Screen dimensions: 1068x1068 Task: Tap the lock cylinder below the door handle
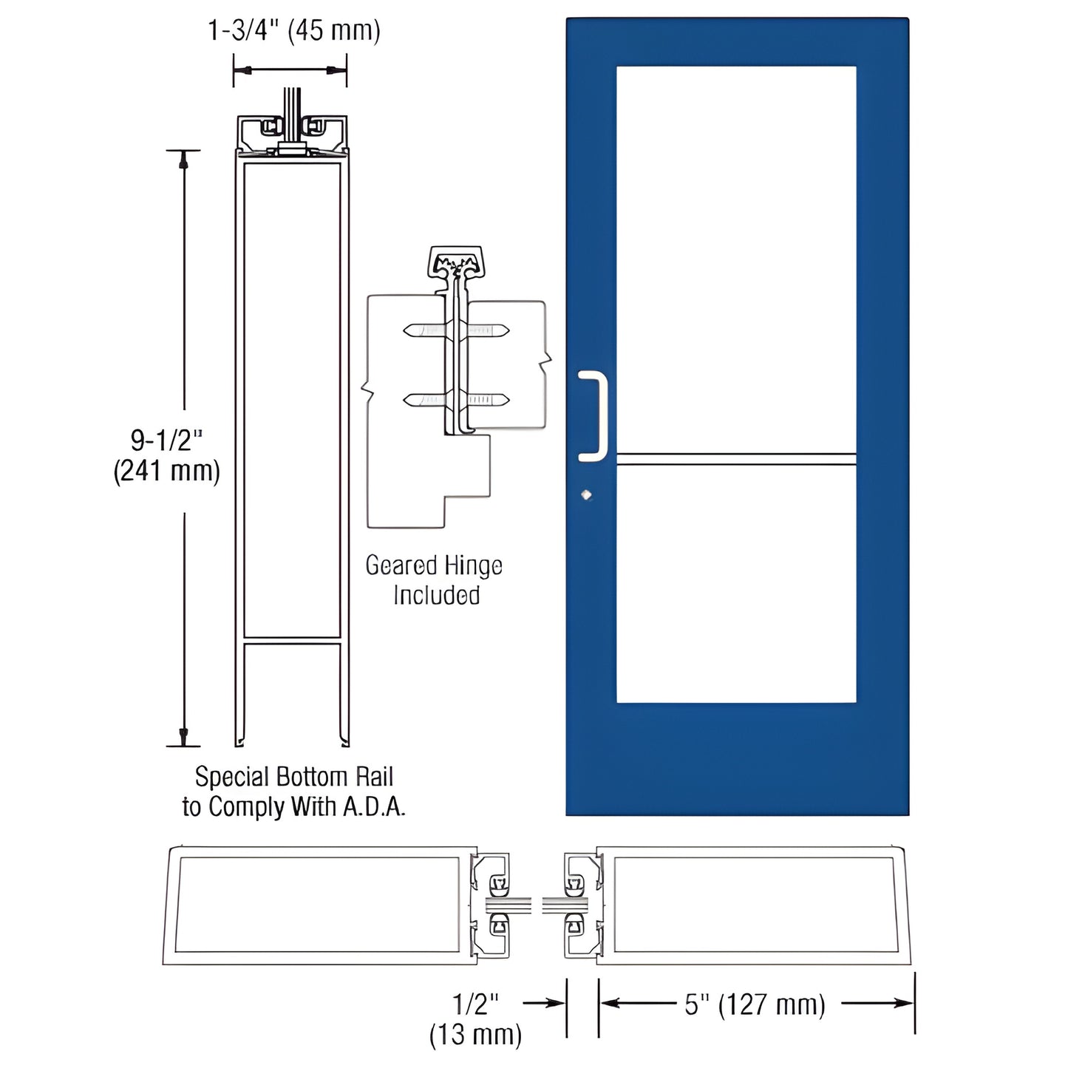(587, 495)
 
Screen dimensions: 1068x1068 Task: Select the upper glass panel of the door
(736, 259)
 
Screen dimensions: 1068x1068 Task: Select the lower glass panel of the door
(736, 584)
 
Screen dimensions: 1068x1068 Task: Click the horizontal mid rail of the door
(736, 459)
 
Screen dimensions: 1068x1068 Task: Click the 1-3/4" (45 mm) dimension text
(293, 31)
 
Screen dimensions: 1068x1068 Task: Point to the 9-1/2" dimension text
(166, 441)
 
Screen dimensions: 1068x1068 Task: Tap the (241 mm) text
(166, 471)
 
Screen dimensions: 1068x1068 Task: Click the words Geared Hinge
(434, 566)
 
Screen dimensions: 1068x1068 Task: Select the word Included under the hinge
(436, 596)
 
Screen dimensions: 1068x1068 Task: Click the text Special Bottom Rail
(293, 777)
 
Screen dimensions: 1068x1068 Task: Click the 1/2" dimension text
(476, 1004)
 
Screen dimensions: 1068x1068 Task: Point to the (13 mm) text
(475, 1035)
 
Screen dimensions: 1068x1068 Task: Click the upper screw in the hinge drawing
(456, 330)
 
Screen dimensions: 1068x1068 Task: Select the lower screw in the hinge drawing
(456, 400)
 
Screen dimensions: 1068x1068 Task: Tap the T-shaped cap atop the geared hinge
(455, 262)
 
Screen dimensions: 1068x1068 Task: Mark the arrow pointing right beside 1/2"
(553, 1003)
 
